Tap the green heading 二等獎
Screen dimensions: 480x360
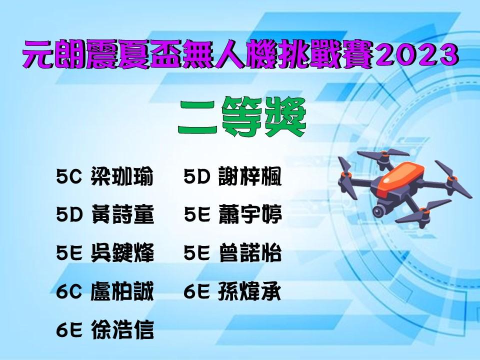(x=242, y=116)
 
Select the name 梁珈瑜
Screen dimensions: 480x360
(x=122, y=176)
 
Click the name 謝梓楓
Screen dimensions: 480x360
(x=249, y=176)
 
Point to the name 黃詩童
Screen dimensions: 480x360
(x=122, y=214)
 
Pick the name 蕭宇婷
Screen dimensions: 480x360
(x=249, y=214)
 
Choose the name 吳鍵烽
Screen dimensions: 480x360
(x=122, y=253)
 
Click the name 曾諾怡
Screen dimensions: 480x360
(x=249, y=253)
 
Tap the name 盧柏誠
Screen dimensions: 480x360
(x=122, y=291)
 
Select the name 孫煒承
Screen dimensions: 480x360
(x=249, y=291)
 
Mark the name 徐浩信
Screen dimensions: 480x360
(x=122, y=329)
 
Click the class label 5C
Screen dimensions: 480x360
(x=69, y=177)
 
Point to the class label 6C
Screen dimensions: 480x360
(x=69, y=291)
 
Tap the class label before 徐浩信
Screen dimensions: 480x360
(x=69, y=330)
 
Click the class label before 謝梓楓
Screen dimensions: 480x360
(x=197, y=177)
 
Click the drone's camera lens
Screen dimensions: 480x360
(x=378, y=211)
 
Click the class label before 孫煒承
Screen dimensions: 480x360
(x=197, y=291)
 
